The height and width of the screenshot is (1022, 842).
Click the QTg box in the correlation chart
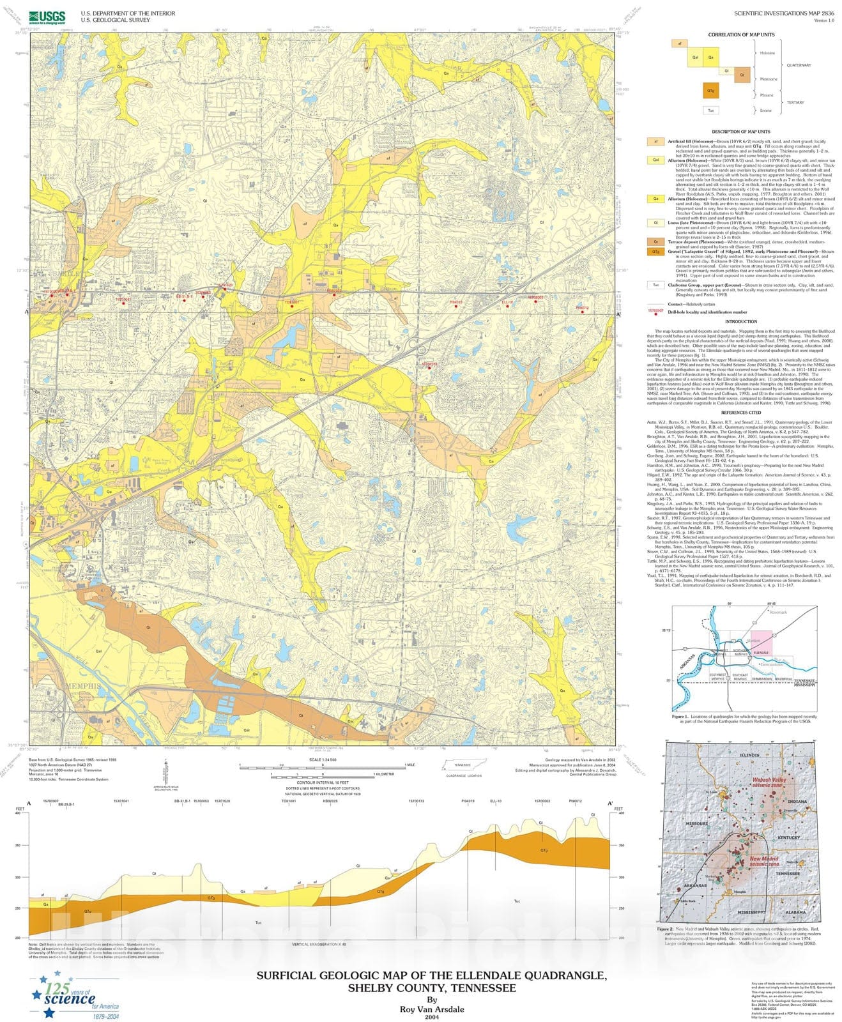pos(710,91)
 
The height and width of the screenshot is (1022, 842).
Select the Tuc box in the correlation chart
pos(710,111)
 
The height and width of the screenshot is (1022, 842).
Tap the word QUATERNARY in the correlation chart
pos(798,65)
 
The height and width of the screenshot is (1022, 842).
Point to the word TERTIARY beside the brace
pos(795,102)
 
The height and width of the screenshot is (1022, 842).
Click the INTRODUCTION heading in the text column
pos(741,322)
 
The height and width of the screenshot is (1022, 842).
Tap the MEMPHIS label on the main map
pos(81,685)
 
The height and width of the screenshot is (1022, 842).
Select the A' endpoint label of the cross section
pos(610,803)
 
